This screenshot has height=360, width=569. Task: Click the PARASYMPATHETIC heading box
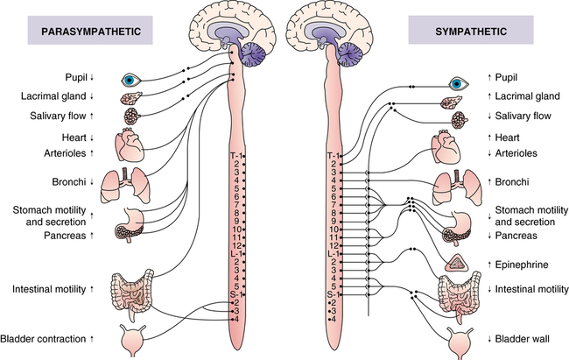coord(84,32)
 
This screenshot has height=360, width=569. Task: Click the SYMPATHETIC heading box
coord(459,32)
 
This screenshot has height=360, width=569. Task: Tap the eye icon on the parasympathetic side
coord(132,78)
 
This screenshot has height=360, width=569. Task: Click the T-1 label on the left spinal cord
coord(234,154)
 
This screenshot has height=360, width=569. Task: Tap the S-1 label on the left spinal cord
coord(234,293)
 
